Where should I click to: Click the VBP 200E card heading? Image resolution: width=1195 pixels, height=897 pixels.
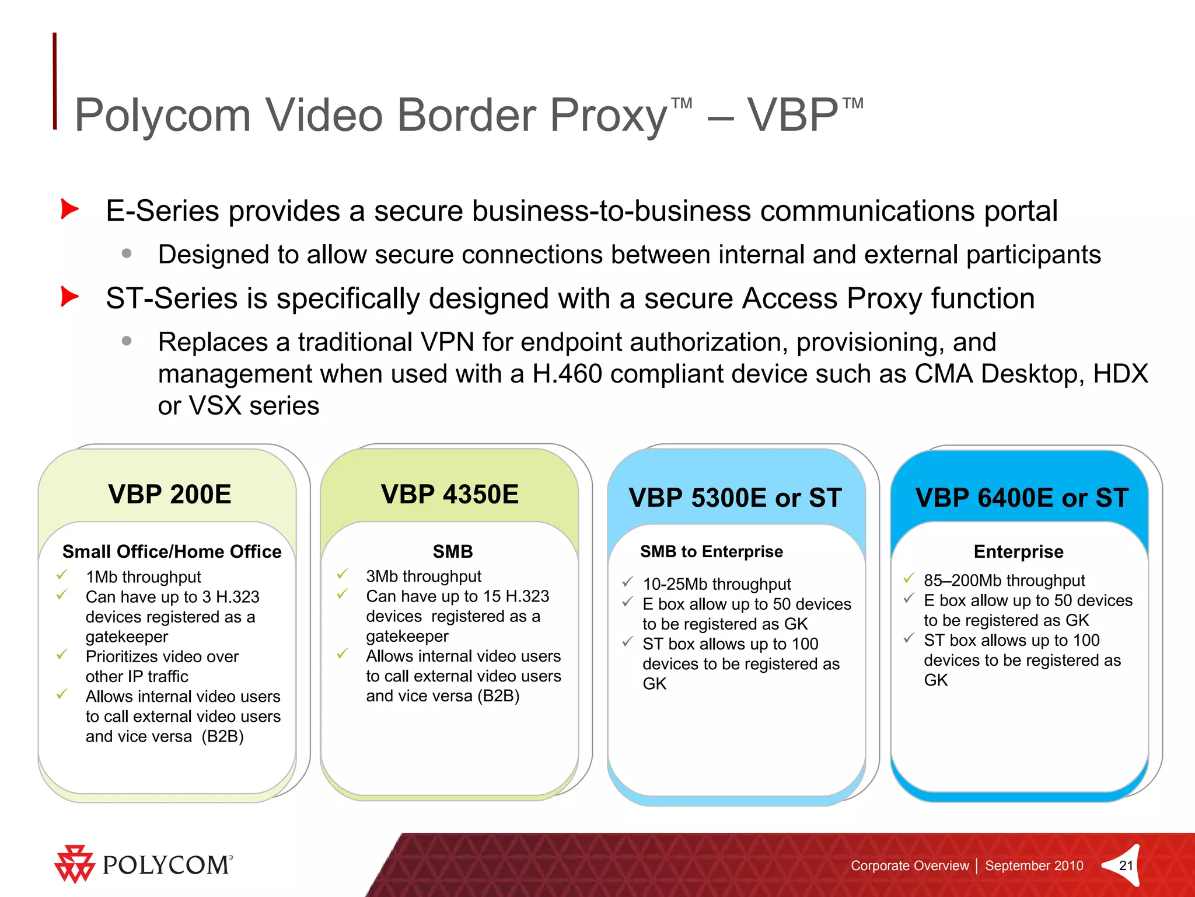coord(169,495)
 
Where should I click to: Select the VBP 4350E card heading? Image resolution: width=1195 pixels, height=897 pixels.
coord(449,495)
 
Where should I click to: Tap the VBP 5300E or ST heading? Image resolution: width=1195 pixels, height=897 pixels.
coord(735,498)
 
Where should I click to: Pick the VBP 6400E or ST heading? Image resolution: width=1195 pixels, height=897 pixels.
coord(1022,498)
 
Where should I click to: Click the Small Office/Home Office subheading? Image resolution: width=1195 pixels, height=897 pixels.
coord(172,551)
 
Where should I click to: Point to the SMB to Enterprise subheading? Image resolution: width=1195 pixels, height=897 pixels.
coord(711,551)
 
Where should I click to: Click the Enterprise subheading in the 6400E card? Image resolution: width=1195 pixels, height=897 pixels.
coord(1018,551)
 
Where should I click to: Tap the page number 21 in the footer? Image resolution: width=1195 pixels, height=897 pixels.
coord(1126,865)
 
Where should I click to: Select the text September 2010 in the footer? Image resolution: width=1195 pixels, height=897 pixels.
coord(1034,865)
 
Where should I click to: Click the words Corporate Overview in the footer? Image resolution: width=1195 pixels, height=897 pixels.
coord(909,865)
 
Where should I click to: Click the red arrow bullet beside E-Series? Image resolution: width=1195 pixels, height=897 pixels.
coord(69,209)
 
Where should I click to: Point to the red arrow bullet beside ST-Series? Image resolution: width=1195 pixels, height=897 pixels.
coord(69,297)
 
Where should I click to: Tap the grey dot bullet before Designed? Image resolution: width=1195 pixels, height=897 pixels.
coord(127,253)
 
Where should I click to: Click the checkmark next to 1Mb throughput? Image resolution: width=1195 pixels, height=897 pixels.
coord(62,575)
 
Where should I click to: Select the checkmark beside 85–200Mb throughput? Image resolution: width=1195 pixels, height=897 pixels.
coord(909,579)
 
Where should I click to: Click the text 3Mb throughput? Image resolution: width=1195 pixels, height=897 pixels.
coord(424,576)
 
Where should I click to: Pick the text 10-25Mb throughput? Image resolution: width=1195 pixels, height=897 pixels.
coord(717,584)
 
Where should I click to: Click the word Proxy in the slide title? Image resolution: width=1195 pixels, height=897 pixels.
coord(608,115)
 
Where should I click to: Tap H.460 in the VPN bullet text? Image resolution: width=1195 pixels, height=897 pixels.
coord(567,374)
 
